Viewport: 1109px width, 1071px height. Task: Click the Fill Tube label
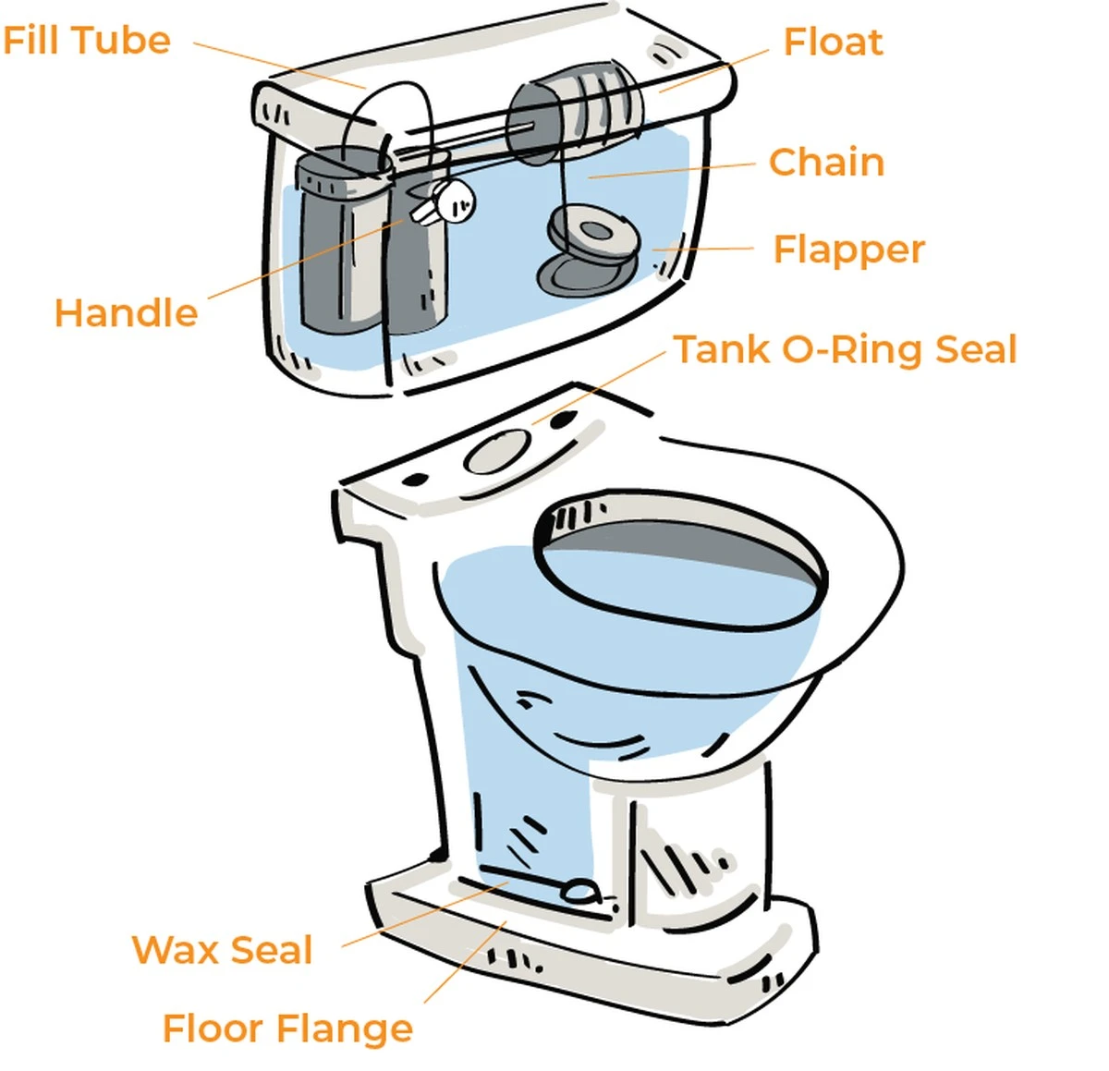[86, 41]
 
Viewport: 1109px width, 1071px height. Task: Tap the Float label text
[832, 42]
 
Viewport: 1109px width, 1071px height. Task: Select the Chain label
[826, 162]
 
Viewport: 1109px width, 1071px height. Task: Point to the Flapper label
[847, 249]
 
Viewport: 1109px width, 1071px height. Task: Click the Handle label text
[126, 312]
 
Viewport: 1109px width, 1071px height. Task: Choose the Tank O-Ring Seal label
[844, 349]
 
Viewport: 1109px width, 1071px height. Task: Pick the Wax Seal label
[222, 950]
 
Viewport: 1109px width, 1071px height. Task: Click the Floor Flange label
[287, 1028]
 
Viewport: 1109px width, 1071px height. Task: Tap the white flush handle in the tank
[447, 201]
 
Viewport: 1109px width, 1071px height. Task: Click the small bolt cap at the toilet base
[580, 890]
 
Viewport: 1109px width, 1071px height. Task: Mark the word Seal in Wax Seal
[272, 950]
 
